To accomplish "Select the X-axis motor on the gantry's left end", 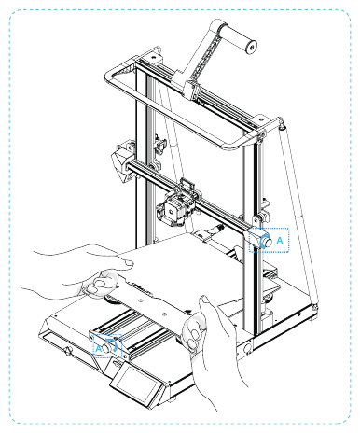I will coord(121,161).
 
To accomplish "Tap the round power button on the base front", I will coord(68,351).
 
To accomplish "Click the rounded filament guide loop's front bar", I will coord(187,146).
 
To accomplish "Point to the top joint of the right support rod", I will coord(278,126).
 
